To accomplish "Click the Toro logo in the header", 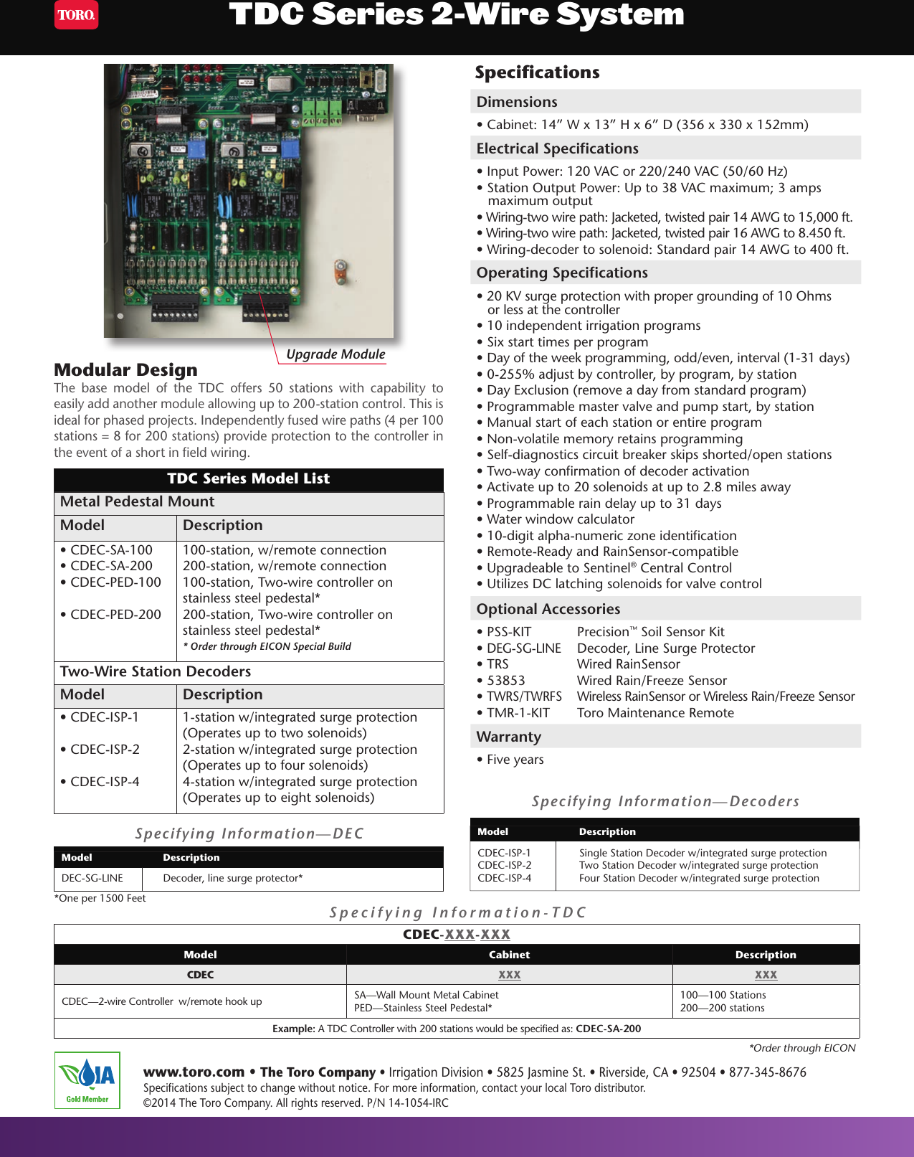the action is pos(77,15).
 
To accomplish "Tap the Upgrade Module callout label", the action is pos(335,354).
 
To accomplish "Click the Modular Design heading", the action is pos(125,370).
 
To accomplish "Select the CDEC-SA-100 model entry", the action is pos(111,550).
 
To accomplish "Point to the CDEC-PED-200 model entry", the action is pos(115,615).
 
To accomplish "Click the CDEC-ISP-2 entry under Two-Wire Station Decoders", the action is pos(105,750).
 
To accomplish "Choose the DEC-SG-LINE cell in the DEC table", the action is pos(92,878).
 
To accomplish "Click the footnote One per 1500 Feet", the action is pos(100,898).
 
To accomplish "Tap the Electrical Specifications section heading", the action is pos(557,148).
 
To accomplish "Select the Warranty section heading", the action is pos(509,737).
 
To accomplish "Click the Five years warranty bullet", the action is pos(515,760).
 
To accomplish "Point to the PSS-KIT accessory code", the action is pos(509,632).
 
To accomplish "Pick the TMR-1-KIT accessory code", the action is pos(518,713).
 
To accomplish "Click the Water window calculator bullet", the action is pos(560,519).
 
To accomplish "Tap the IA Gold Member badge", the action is pos(87,1080).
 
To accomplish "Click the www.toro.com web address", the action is pos(194,1072).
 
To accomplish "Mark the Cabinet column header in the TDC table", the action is pos(509,955).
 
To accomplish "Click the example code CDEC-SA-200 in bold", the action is pos(608,1029).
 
